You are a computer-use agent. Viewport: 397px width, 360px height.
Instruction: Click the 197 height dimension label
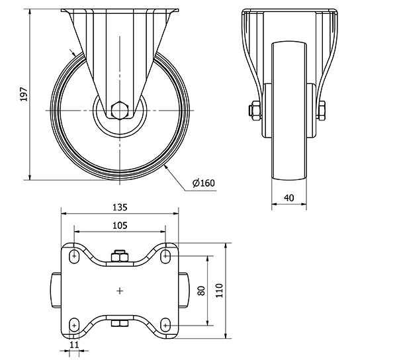click(24, 95)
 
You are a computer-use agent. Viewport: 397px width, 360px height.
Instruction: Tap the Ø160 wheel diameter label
click(204, 183)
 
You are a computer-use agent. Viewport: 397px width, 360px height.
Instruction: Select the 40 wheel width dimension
click(289, 198)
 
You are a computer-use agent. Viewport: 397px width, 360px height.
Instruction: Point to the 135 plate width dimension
click(120, 207)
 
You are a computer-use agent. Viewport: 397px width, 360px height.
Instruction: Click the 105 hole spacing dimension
click(120, 225)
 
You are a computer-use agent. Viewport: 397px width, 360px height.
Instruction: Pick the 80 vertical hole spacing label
click(201, 291)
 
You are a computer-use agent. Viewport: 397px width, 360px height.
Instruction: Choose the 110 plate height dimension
click(219, 291)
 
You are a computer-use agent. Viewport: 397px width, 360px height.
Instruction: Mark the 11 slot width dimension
click(74, 345)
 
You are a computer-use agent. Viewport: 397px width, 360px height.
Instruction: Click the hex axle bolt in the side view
click(120, 111)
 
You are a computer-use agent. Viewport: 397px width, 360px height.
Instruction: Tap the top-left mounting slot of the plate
click(74, 256)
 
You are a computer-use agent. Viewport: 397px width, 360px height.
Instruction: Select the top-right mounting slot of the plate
click(165, 256)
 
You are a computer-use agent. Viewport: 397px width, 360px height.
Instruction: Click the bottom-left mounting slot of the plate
click(74, 325)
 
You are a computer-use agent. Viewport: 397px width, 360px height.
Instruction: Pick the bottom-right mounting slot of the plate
click(165, 325)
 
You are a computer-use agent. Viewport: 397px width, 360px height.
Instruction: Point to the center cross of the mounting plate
click(120, 291)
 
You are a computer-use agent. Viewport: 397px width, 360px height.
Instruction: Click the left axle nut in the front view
click(255, 111)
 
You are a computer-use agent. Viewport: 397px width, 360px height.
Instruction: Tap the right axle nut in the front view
click(322, 111)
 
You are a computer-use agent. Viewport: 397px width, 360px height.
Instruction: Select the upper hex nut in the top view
click(120, 256)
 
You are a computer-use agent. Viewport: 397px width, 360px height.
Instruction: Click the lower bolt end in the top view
click(120, 324)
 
